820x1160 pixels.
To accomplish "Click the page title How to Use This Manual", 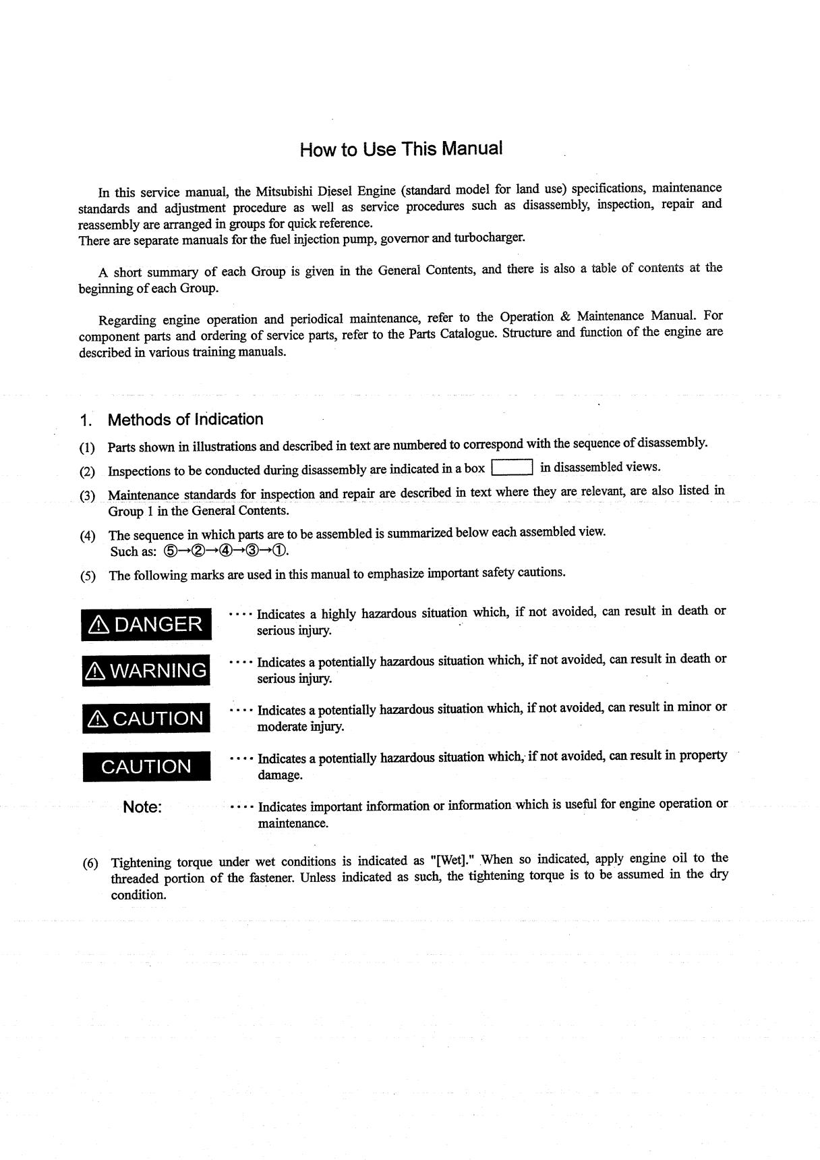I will tap(401, 149).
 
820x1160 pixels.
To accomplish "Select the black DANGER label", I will tap(146, 624).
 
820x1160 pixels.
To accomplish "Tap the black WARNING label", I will tap(146, 671).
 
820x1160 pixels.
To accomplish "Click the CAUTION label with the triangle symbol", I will tap(146, 718).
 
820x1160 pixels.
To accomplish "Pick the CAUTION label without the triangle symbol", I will tap(146, 767).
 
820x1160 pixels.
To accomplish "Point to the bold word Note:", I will tap(142, 807).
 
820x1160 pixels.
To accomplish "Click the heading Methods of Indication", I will tap(185, 420).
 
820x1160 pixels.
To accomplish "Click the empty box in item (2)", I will tap(512, 467).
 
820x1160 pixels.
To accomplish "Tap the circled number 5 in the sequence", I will tap(170, 551).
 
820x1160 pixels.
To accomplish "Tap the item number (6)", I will tap(90, 863).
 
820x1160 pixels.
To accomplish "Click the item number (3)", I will tap(88, 495).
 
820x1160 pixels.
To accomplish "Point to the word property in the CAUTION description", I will tap(703, 756).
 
